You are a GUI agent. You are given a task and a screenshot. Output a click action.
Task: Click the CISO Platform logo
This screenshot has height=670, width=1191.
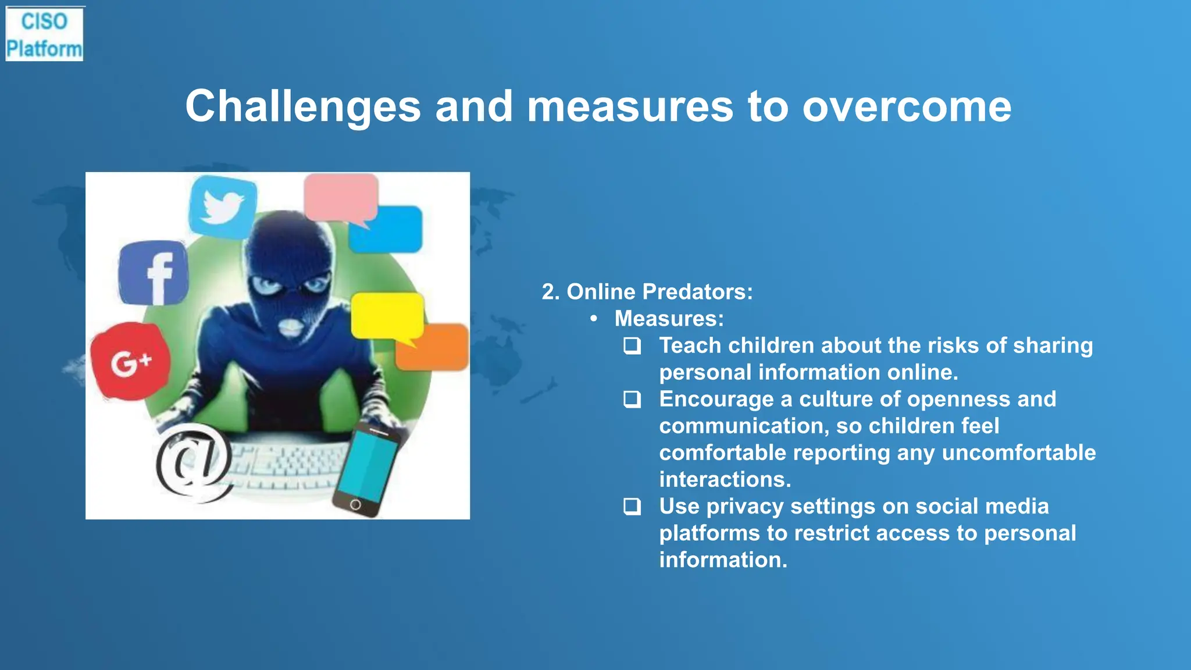[x=44, y=34]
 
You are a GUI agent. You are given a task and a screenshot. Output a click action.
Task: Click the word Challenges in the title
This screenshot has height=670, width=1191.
[x=303, y=106]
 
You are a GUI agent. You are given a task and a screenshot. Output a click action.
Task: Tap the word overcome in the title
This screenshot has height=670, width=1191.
[x=907, y=106]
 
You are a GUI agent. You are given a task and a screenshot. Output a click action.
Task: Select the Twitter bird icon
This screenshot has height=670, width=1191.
[x=223, y=206]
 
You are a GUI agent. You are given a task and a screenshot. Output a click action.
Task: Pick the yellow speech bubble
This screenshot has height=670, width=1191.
[x=387, y=316]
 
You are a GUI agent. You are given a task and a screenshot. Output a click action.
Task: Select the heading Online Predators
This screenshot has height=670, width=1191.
[x=647, y=292]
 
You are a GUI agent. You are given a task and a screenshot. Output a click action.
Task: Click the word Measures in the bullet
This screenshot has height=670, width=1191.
[x=669, y=319]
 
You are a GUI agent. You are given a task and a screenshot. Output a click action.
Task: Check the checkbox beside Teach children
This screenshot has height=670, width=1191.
[x=632, y=346]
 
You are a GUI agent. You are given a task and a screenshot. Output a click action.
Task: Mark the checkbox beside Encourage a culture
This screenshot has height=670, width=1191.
[x=632, y=400]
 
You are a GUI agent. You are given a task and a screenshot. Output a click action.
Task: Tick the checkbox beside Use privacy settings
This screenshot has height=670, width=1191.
[x=632, y=507]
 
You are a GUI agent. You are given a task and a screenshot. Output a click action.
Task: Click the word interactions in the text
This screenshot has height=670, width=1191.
[x=725, y=480]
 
